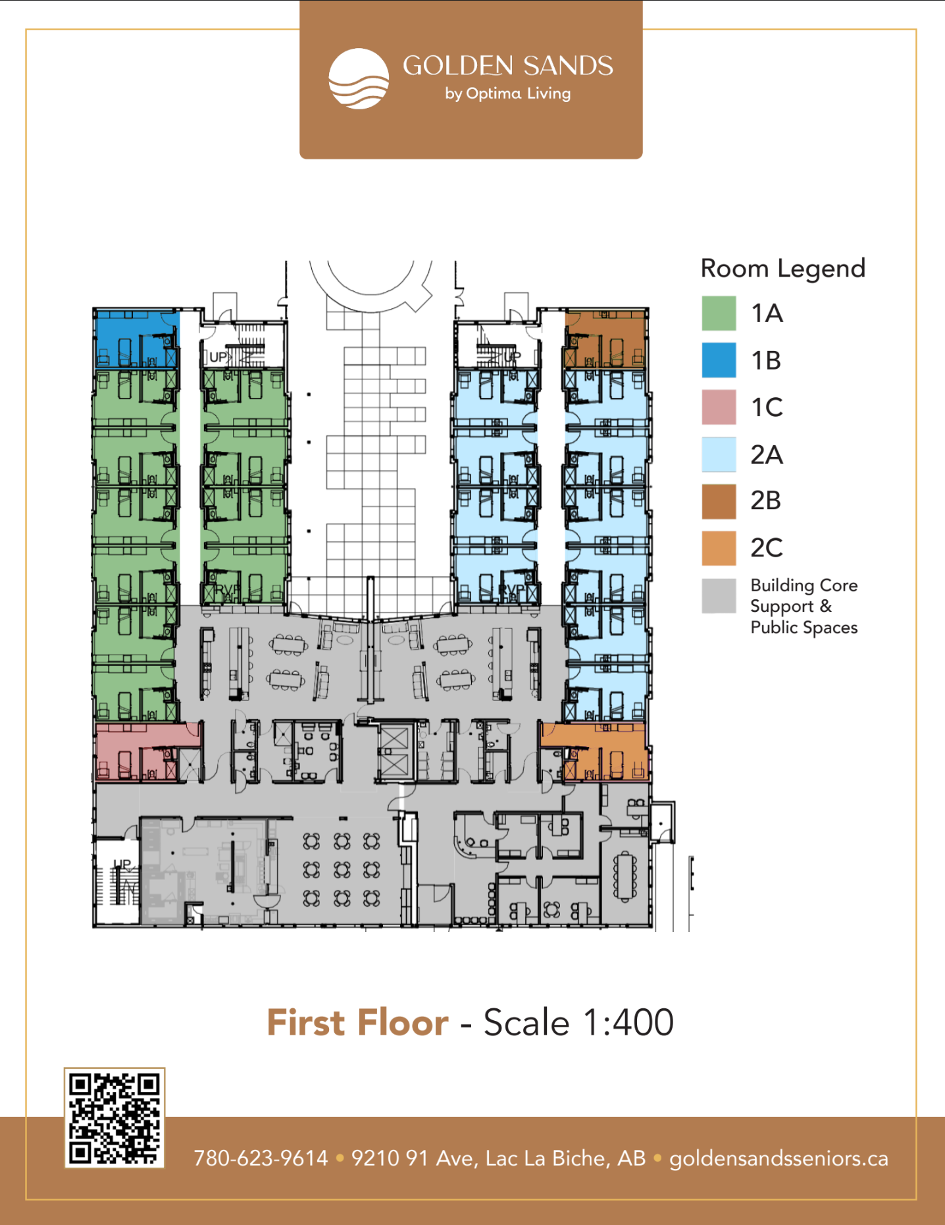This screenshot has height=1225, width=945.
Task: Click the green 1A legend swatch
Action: click(719, 313)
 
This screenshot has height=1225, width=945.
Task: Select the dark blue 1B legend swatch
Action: click(719, 360)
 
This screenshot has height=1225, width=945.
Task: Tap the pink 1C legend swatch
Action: click(719, 407)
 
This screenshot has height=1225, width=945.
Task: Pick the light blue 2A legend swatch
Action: click(719, 454)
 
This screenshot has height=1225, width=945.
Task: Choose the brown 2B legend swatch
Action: click(719, 501)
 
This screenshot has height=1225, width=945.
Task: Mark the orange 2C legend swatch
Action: click(719, 548)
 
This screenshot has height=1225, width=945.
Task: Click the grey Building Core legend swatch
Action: click(719, 596)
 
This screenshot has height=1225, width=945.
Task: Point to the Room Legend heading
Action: click(783, 269)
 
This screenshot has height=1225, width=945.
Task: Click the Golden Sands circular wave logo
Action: click(359, 78)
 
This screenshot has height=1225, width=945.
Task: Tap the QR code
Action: click(115, 1118)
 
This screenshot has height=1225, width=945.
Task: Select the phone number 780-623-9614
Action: click(261, 1158)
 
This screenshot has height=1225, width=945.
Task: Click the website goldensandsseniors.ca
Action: click(779, 1158)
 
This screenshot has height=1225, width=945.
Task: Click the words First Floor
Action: click(357, 1022)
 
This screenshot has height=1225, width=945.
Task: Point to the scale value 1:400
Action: click(628, 1022)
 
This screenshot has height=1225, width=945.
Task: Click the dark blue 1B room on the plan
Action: click(137, 339)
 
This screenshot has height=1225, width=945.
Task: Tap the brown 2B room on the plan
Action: click(605, 339)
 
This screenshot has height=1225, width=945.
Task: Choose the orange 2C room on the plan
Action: click(594, 751)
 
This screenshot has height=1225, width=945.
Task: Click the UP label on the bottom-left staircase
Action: click(122, 863)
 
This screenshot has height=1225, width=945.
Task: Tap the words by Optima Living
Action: click(508, 94)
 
